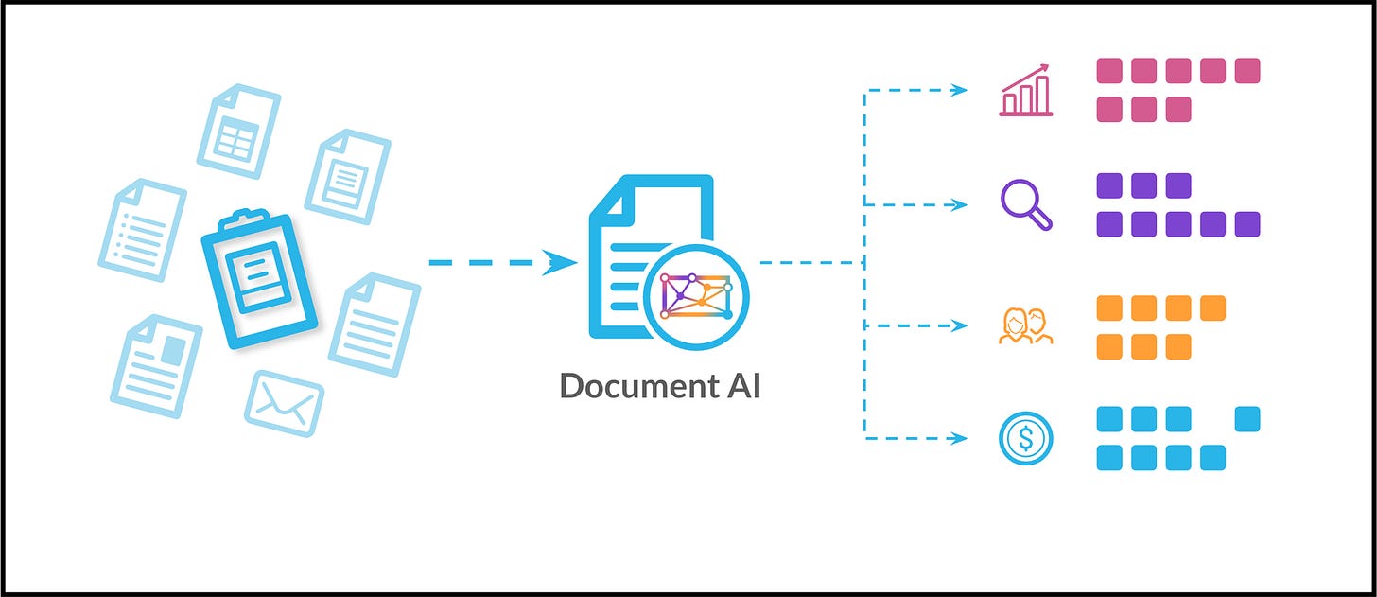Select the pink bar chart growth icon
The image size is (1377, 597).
[1026, 91]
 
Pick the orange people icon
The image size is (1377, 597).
[1026, 325]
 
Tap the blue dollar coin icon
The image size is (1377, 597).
[1026, 438]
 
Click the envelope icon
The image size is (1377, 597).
[285, 402]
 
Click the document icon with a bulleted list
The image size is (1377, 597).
[142, 229]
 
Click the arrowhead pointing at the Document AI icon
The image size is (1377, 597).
[564, 262]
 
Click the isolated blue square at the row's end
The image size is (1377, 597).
[1247, 418]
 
